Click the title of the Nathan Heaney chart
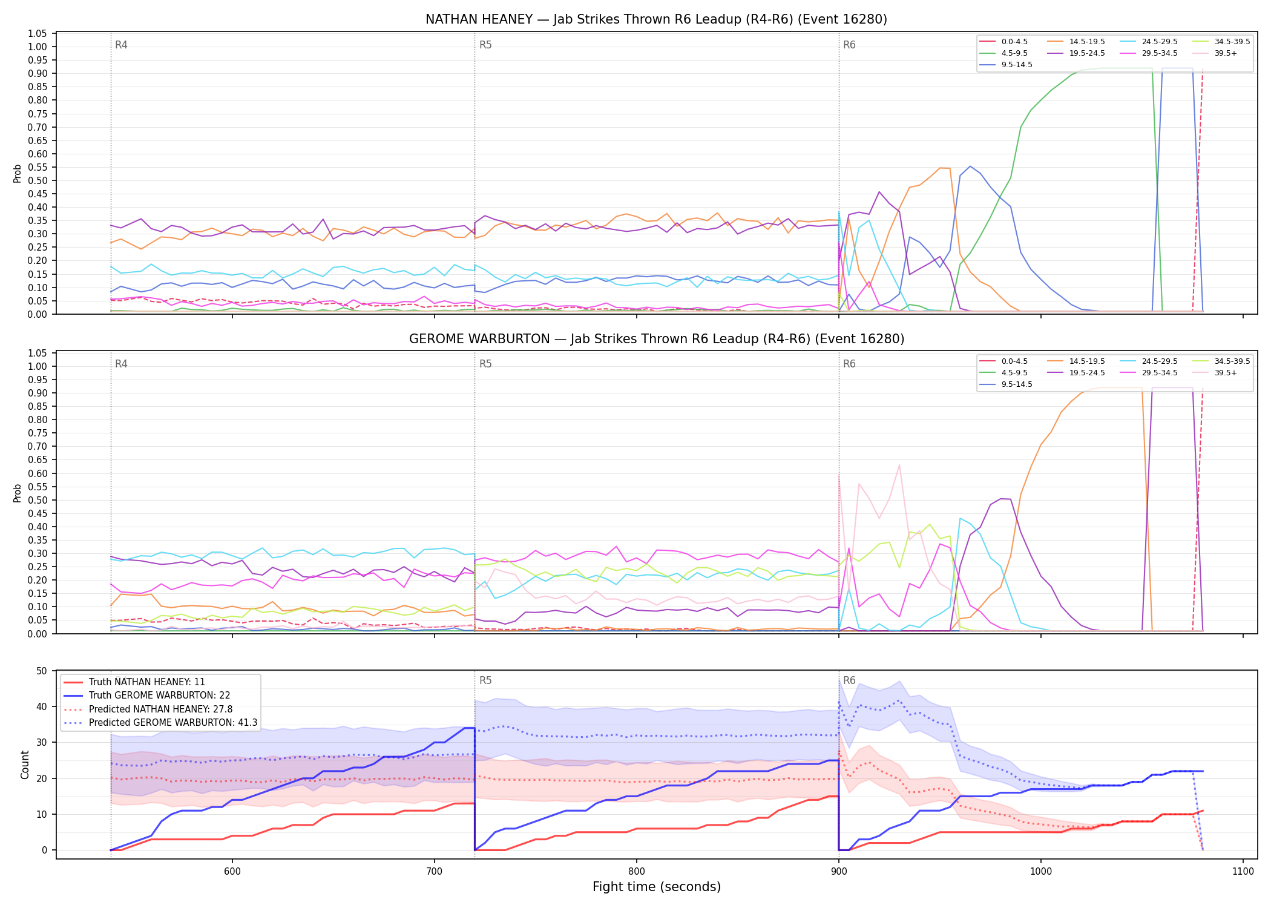(656, 19)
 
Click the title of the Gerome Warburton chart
(657, 339)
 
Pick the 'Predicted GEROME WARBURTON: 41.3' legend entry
(160, 723)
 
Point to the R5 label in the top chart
(485, 45)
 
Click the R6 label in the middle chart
(849, 364)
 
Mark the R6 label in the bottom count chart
(849, 680)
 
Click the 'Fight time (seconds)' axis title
(657, 887)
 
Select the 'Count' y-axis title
(25, 765)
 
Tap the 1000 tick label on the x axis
(1041, 871)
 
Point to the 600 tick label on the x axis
(232, 871)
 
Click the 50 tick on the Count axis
(42, 671)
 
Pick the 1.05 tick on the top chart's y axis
(38, 33)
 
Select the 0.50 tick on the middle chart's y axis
(38, 500)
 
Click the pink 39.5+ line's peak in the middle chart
(899, 464)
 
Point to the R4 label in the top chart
(121, 45)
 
